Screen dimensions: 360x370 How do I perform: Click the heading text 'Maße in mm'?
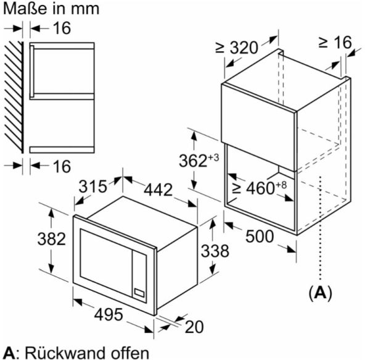pos(42,9)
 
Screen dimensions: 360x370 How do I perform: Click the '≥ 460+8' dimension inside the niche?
pos(260,188)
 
